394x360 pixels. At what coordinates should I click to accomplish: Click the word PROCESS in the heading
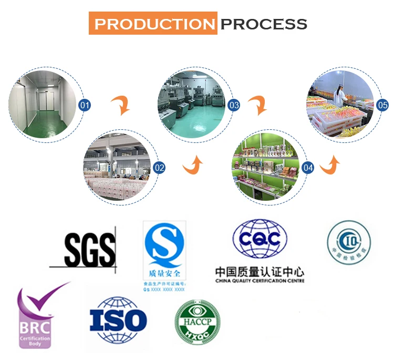(x=264, y=24)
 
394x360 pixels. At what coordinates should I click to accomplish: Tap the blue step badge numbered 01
(x=85, y=105)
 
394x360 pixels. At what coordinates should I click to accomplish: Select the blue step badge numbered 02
(x=159, y=168)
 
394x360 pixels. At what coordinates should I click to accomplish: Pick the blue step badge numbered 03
(x=234, y=105)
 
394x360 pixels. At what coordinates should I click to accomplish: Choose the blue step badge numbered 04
(x=308, y=168)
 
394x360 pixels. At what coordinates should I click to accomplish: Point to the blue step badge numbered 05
(x=383, y=105)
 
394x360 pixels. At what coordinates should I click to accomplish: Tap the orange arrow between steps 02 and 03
(x=193, y=165)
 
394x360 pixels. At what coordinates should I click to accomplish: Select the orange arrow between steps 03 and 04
(x=257, y=105)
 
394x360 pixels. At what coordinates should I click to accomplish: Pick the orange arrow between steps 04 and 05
(x=330, y=164)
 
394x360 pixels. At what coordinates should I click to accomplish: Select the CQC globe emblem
(x=260, y=240)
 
